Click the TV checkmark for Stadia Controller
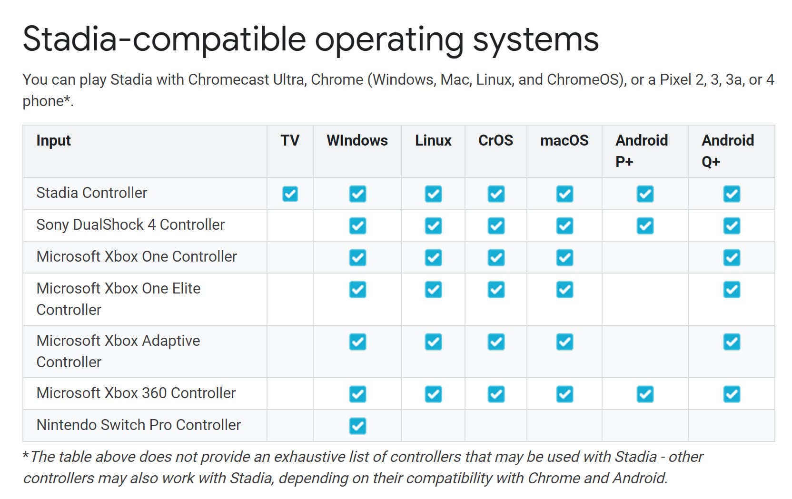click(x=290, y=194)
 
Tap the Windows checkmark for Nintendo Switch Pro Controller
click(x=357, y=425)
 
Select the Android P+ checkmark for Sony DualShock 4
click(x=645, y=225)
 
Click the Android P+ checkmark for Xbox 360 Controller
click(x=645, y=394)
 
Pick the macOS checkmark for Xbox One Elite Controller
click(x=564, y=289)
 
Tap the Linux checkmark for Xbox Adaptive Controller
click(x=433, y=342)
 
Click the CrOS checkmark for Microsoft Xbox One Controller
click(x=495, y=257)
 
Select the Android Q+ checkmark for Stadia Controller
click(x=732, y=194)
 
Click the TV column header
click(x=290, y=140)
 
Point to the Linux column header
click(x=433, y=140)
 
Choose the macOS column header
click(x=564, y=140)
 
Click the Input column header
click(x=53, y=141)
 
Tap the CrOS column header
click(x=495, y=140)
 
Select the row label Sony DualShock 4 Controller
click(x=130, y=225)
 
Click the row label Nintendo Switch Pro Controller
click(x=139, y=425)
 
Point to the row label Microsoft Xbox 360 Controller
click(x=136, y=393)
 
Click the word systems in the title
click(x=535, y=40)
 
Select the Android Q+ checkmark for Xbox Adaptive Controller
click(x=732, y=342)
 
